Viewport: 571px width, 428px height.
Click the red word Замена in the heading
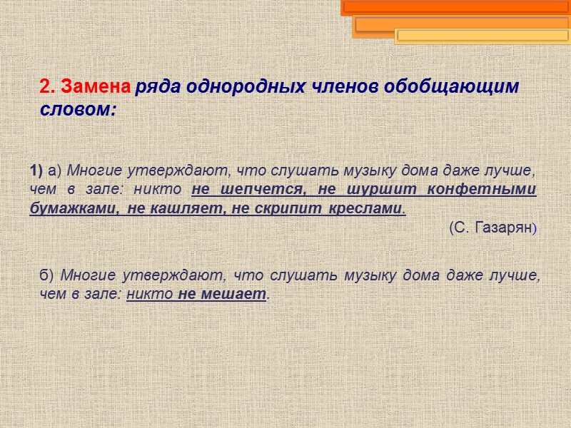pyautogui.click(x=96, y=87)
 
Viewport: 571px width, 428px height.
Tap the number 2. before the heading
pyautogui.click(x=48, y=87)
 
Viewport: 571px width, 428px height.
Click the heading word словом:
pyautogui.click(x=77, y=111)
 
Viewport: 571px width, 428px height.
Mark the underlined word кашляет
pyautogui.click(x=183, y=209)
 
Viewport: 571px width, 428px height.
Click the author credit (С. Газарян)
pyautogui.click(x=492, y=228)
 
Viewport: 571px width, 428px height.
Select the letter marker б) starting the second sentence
pyautogui.click(x=47, y=275)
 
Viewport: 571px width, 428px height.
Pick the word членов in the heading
pyautogui.click(x=346, y=87)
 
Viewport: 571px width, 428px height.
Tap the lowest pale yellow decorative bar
pyautogui.click(x=482, y=36)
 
